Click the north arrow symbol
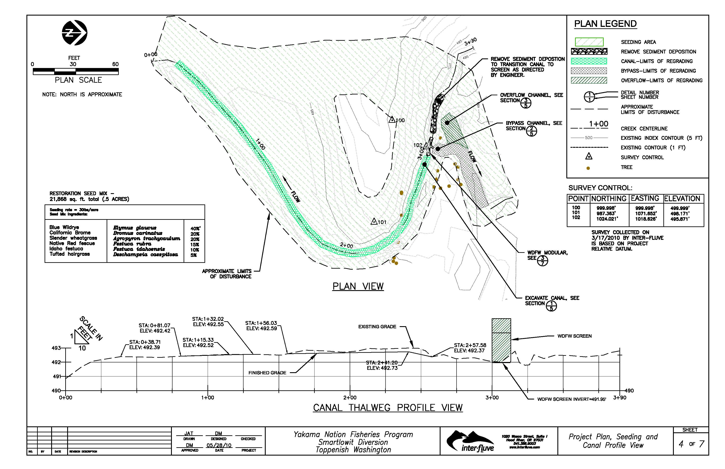coord(75,33)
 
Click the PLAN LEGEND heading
coord(605,24)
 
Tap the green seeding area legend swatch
coord(589,42)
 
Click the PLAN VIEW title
coord(358,286)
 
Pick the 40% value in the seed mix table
coord(195,228)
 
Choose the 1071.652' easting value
coord(646,213)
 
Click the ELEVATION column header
coord(682,198)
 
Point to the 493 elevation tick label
coord(56,348)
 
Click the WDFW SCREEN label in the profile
coord(574,336)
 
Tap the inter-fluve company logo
coord(470,441)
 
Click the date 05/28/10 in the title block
coord(219,445)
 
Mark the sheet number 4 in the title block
coord(681,444)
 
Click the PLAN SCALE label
coord(78,80)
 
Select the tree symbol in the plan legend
coord(588,168)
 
